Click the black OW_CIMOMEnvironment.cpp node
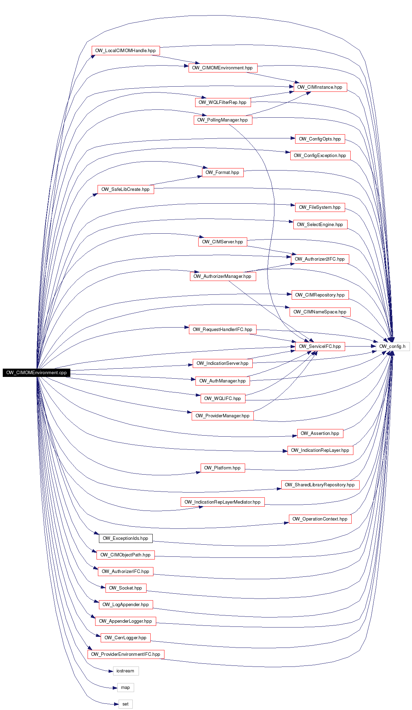[37, 373]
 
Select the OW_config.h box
[392, 347]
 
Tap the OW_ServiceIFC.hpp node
[320, 347]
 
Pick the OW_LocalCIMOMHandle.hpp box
[125, 50]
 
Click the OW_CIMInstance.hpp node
[320, 87]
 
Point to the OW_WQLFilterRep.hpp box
[223, 103]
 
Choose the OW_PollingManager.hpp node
[223, 120]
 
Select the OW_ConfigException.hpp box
[320, 156]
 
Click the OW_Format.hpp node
[222, 173]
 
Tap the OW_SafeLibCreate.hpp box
[125, 189]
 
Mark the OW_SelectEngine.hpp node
[320, 225]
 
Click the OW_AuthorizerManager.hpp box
[223, 276]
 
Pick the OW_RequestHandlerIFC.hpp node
[223, 330]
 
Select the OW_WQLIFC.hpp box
[223, 399]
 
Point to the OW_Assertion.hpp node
[320, 434]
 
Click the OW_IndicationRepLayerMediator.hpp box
[223, 502]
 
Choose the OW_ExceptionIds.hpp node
[125, 538]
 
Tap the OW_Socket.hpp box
[125, 588]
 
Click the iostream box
[125, 671]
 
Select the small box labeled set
[125, 704]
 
